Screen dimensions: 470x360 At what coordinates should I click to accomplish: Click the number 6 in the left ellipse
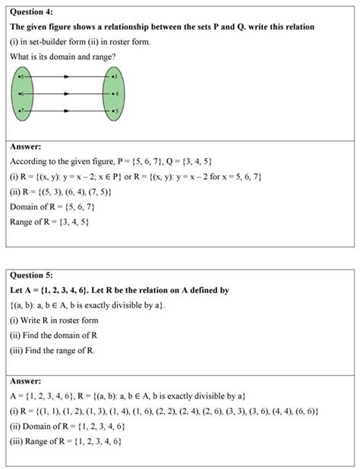click(x=23, y=94)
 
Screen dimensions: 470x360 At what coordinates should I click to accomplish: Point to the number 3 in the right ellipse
click(x=115, y=77)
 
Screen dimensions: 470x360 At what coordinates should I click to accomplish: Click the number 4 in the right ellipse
click(x=115, y=94)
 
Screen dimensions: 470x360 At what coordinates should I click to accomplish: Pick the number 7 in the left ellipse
click(x=23, y=111)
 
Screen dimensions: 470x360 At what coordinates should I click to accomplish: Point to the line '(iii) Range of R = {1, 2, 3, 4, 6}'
click(x=68, y=441)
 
